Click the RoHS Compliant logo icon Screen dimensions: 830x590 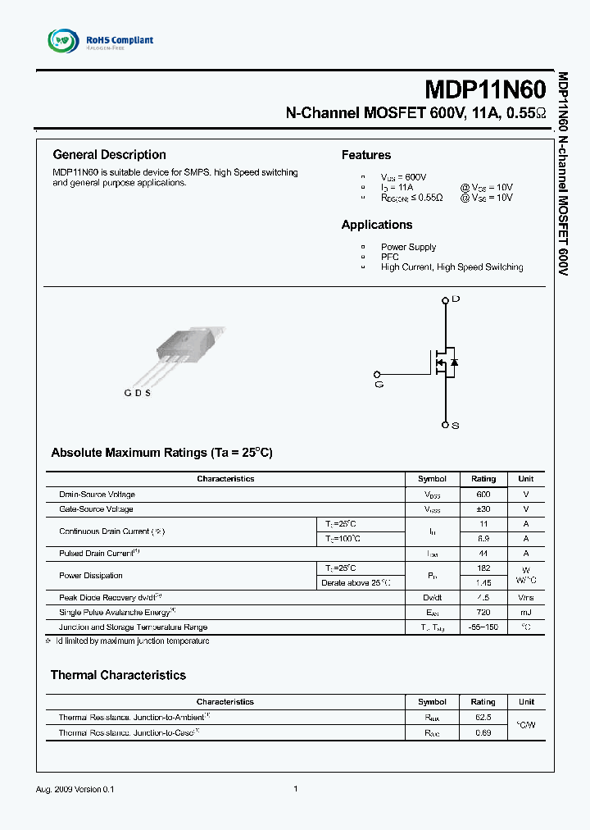click(62, 40)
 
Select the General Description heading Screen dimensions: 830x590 click(109, 154)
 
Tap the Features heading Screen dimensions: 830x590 click(365, 155)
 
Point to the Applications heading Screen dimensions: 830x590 click(377, 225)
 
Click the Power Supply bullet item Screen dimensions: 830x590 click(408, 247)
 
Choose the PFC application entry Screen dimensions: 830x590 click(389, 257)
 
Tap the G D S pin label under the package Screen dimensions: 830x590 click(137, 393)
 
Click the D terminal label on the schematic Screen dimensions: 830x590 click(456, 300)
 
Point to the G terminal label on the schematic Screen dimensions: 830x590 click(379, 384)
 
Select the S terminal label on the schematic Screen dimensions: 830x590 click(456, 426)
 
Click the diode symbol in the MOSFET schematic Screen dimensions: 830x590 click(454, 362)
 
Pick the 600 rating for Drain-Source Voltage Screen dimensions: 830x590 click(483, 495)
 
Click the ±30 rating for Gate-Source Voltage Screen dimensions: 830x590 click(483, 509)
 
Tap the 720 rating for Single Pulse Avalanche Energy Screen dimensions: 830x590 click(483, 613)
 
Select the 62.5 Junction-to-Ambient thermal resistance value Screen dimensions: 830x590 click(483, 718)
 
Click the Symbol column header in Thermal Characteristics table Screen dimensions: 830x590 click(432, 702)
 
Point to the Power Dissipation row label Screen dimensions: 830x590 click(91, 576)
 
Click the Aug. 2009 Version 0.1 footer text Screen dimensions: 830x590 click(75, 789)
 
